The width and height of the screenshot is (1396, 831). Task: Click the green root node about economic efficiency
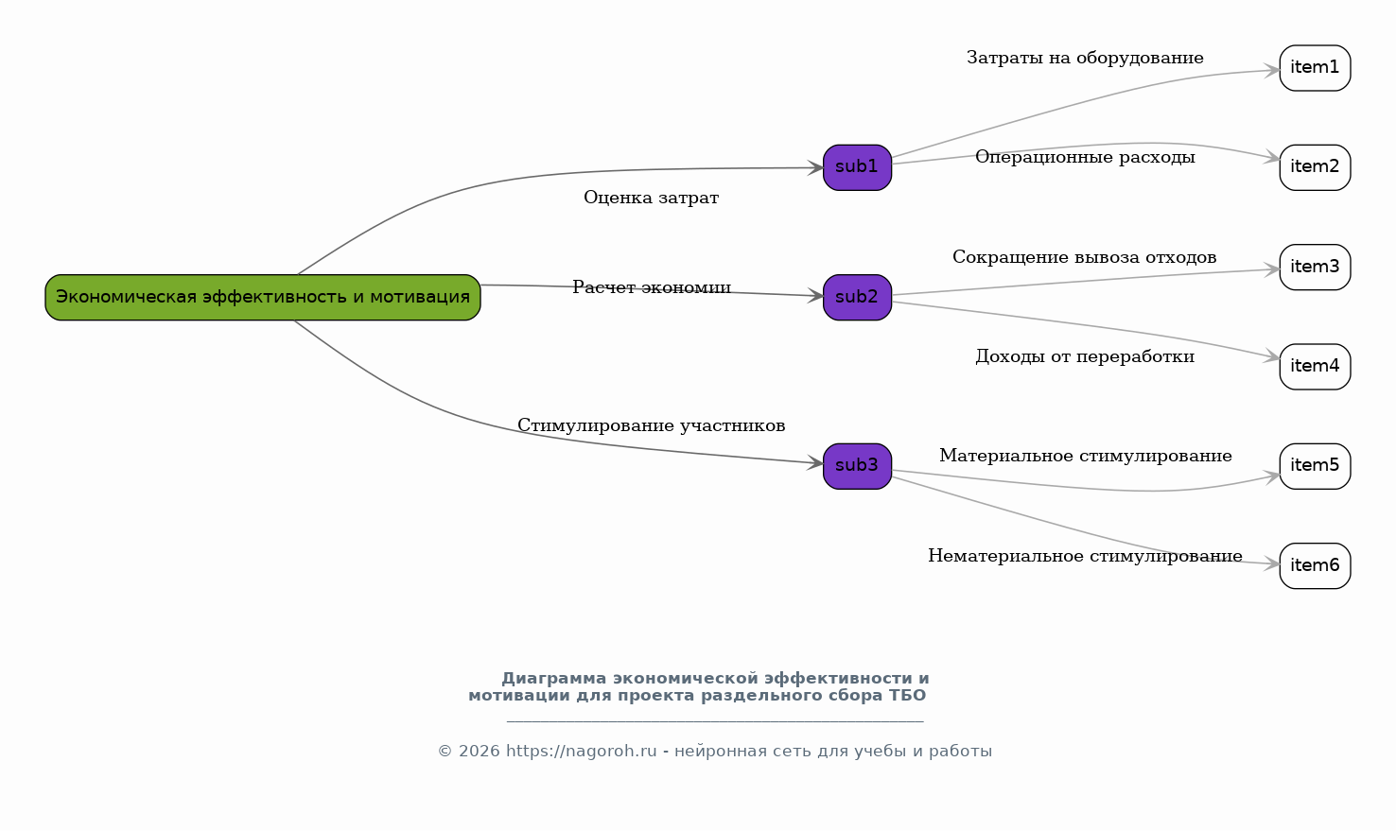click(262, 297)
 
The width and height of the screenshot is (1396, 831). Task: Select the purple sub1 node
click(857, 167)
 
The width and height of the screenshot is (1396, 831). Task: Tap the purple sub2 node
click(857, 297)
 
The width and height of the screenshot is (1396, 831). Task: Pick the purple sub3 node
click(857, 466)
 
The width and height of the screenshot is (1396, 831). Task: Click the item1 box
click(1315, 68)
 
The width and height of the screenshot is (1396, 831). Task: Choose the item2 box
click(1315, 167)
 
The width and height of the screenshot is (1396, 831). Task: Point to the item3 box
click(1315, 268)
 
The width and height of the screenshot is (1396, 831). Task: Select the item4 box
click(1315, 366)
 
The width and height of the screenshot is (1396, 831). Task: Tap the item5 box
click(1315, 466)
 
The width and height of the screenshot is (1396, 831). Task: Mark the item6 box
click(1315, 565)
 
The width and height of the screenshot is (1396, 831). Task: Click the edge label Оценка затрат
click(652, 199)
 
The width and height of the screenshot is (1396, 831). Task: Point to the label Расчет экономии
click(652, 287)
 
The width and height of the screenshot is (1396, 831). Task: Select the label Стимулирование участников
click(652, 425)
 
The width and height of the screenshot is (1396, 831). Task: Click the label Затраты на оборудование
click(1085, 58)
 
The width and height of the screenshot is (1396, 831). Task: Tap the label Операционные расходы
click(1085, 157)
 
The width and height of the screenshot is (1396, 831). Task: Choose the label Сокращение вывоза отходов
click(1085, 257)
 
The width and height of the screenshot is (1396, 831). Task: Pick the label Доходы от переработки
click(1085, 356)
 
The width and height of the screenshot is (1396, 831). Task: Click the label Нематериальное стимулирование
click(1085, 556)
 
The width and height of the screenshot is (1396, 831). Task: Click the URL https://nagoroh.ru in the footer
click(581, 752)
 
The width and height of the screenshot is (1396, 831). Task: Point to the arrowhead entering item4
click(1271, 357)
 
